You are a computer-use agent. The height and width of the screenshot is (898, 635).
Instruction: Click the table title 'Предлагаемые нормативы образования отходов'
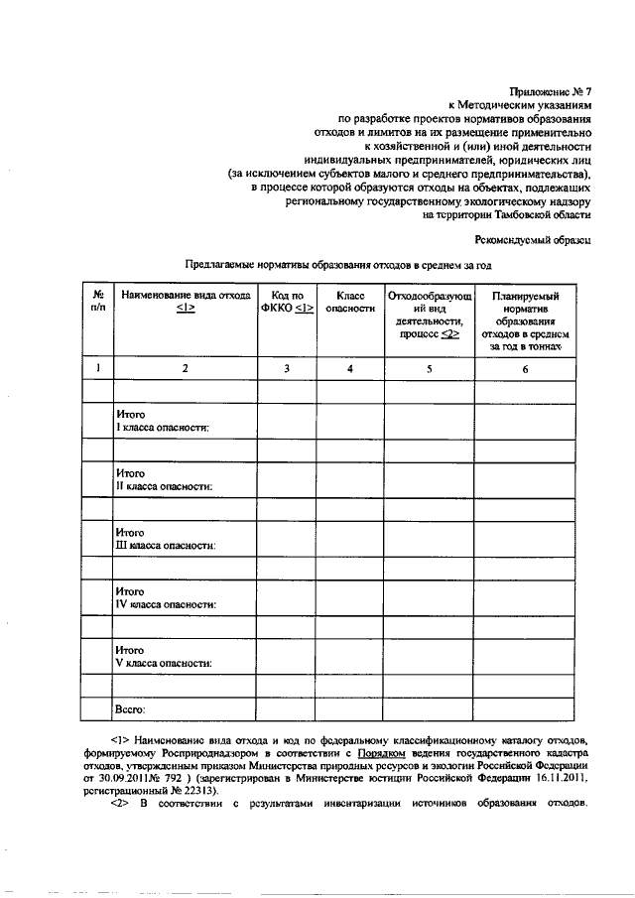pos(338,265)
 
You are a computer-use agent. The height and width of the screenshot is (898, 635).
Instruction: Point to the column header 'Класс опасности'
pos(350,302)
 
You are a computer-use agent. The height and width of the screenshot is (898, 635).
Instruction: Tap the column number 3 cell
pos(286,369)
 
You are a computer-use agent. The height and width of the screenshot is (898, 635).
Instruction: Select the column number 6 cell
pos(525,369)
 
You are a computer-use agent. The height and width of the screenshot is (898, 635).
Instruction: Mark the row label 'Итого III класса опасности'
pos(166,538)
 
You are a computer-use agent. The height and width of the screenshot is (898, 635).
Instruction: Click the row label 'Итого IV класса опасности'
pos(166,596)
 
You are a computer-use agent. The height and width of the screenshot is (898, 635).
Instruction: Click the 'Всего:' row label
pos(131,709)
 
